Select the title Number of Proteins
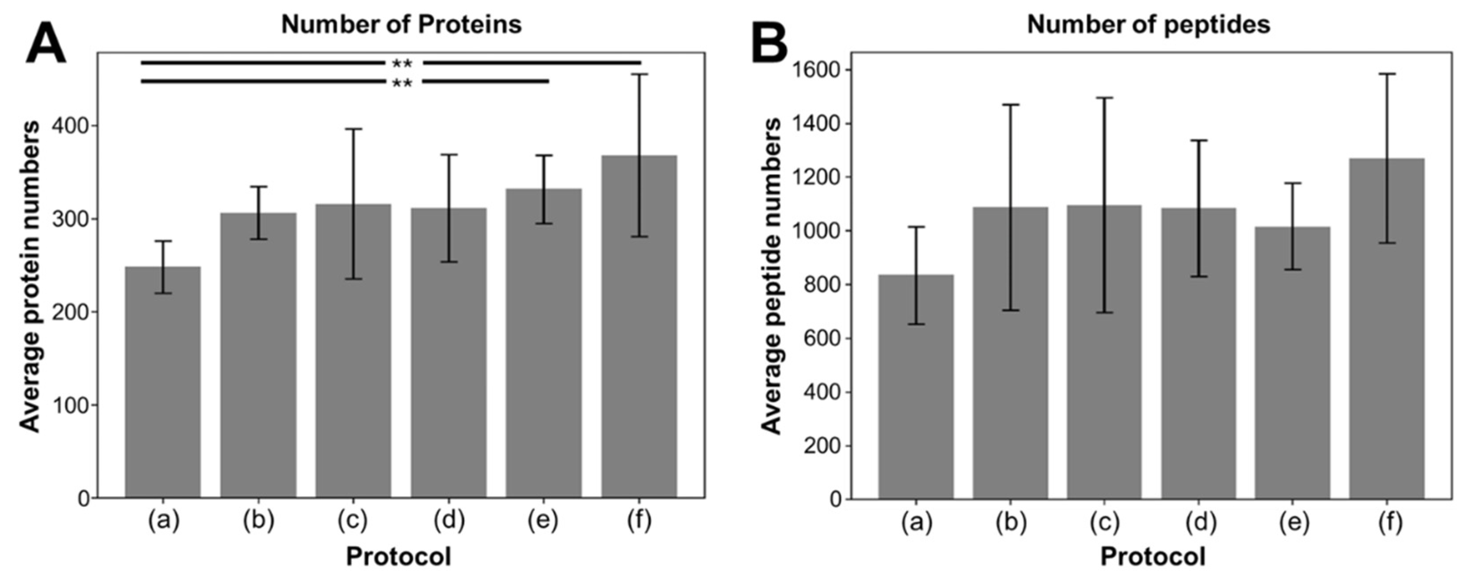[402, 24]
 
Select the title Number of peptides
[1149, 24]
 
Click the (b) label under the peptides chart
[1011, 522]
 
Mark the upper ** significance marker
[403, 63]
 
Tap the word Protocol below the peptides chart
[1153, 557]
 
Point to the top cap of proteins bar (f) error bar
[639, 75]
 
